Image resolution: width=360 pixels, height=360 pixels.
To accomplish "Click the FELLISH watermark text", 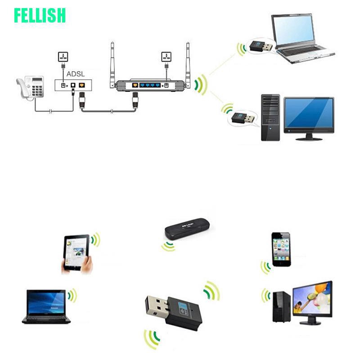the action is point(40,15).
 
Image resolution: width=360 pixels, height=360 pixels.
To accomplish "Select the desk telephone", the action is point(31,86).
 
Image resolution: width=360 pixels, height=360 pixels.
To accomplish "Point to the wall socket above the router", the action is point(166,57).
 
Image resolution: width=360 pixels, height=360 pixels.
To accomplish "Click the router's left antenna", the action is point(112,63).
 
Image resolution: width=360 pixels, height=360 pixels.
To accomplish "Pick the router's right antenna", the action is point(188,63).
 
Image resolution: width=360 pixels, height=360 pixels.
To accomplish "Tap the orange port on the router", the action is point(135,84).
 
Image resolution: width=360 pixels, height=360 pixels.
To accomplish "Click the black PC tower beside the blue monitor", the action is point(270,118).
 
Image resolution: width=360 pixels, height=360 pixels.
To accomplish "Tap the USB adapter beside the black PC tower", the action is point(242,119).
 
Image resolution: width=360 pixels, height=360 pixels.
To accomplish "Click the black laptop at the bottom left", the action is point(46,306).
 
